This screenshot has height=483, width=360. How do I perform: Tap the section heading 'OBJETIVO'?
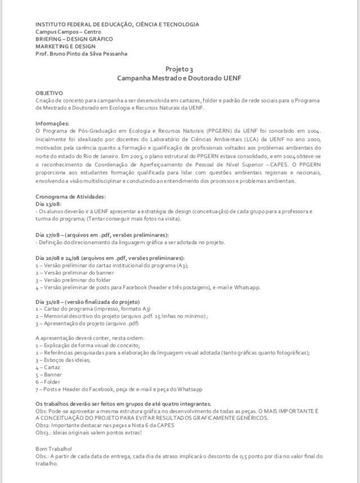(x=49, y=92)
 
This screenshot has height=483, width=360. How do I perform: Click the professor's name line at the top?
(x=81, y=54)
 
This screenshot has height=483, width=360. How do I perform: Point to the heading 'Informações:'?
(x=52, y=123)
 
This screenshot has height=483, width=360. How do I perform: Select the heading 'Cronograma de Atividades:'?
(x=70, y=196)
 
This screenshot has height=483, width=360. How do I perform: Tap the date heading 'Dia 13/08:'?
(x=49, y=204)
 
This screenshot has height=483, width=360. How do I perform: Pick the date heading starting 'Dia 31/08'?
(x=87, y=302)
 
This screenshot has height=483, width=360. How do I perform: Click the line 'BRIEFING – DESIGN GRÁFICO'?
(x=74, y=39)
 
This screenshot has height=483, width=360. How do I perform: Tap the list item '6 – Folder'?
(x=48, y=382)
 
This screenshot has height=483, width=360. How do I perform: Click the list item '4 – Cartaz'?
(x=48, y=367)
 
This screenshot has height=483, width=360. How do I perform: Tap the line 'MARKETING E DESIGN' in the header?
(x=65, y=46)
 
